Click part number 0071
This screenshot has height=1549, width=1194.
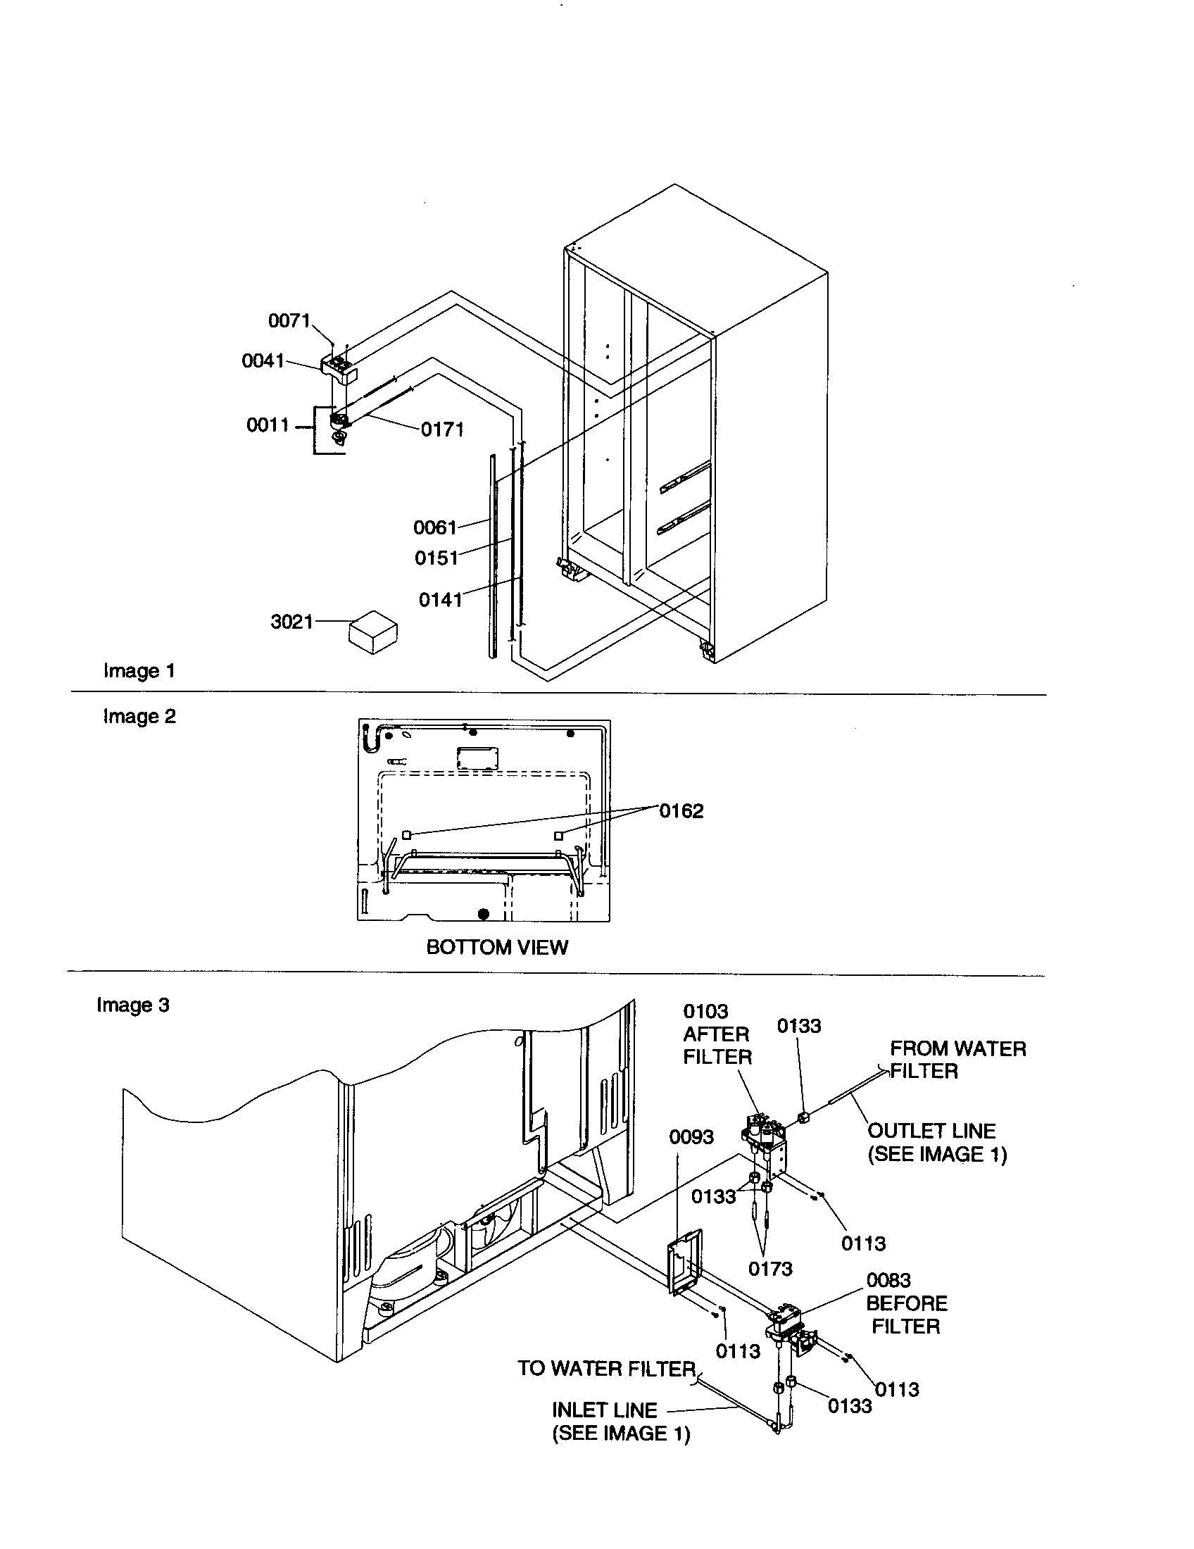click(289, 320)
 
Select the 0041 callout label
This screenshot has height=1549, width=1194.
click(263, 361)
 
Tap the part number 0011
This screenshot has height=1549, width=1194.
click(268, 425)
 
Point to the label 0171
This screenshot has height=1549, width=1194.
click(441, 429)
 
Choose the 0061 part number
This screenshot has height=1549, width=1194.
click(434, 527)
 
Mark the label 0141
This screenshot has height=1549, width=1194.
click(439, 600)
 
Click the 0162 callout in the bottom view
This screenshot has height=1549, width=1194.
click(681, 810)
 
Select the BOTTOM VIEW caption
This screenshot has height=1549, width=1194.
click(496, 948)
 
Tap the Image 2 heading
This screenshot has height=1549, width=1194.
click(139, 716)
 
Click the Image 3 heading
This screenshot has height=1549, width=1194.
click(132, 1005)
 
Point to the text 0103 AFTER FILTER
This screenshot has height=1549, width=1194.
click(716, 1034)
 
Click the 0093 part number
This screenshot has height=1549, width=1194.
click(691, 1137)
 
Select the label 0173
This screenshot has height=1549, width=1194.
click(770, 1269)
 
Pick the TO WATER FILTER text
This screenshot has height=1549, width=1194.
click(606, 1369)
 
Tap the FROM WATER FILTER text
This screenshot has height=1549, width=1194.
click(957, 1060)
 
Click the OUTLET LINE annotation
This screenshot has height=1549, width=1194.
click(936, 1143)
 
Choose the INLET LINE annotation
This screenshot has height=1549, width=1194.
click(620, 1422)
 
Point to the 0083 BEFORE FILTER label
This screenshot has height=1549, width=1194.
click(905, 1303)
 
